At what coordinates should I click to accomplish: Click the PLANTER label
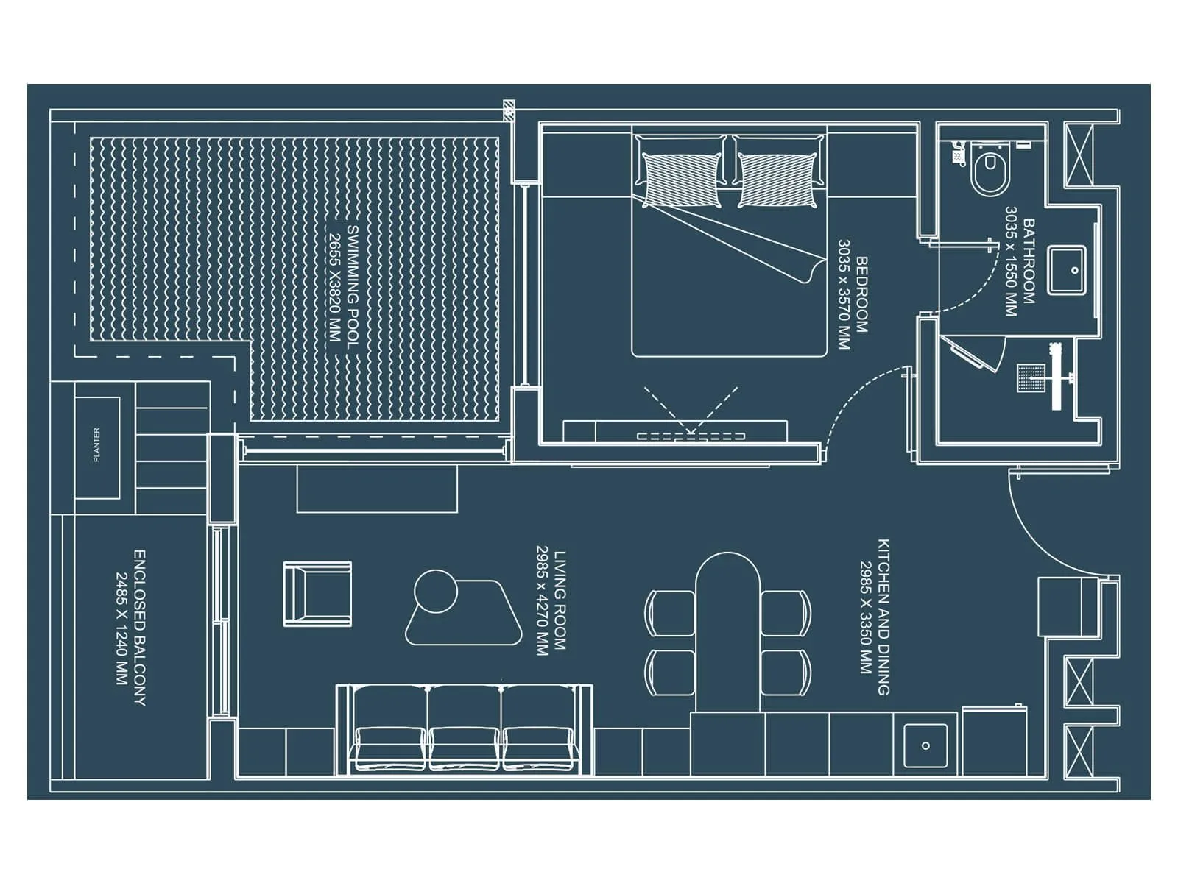pos(96,445)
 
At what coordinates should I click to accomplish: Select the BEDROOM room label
pos(861,294)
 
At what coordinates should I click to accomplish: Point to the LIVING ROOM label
pos(560,600)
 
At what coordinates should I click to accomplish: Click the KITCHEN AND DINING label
pos(883,617)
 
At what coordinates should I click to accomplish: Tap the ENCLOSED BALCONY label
pos(139,628)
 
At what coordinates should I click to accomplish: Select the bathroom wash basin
pos(1068,270)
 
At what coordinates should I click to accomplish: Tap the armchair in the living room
pos(317,594)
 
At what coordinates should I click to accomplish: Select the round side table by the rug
pos(436,592)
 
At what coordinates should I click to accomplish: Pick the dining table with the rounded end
pos(727,633)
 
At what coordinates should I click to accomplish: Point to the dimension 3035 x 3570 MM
pos(844,294)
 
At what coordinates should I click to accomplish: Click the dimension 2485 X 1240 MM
pos(121,628)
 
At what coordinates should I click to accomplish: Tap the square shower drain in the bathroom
pos(1028,377)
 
